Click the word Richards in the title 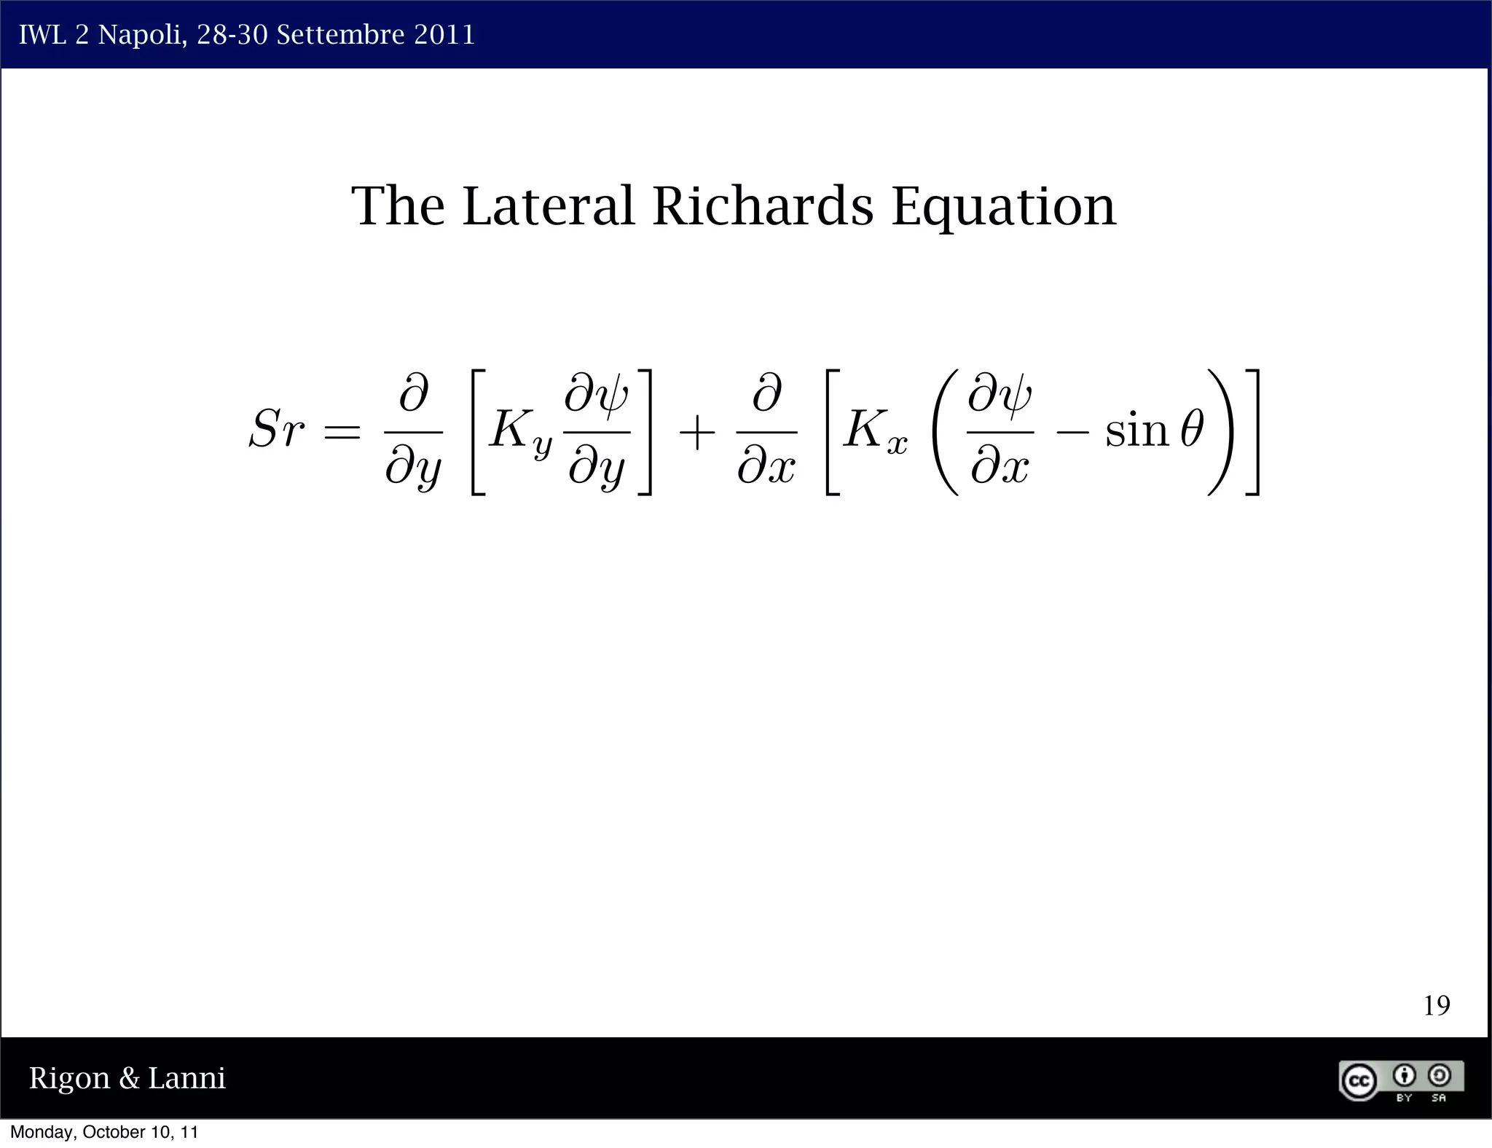click(x=762, y=206)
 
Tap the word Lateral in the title click(x=549, y=206)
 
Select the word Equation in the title click(x=1004, y=208)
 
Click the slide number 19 click(x=1436, y=1006)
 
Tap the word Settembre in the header click(x=340, y=35)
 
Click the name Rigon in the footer click(x=69, y=1079)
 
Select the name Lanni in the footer click(x=186, y=1077)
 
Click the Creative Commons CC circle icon click(x=1359, y=1081)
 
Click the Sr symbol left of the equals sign click(x=275, y=430)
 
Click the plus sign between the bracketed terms click(x=696, y=433)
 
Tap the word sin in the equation click(x=1136, y=431)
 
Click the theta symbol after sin click(x=1192, y=430)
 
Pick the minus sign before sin click(x=1072, y=433)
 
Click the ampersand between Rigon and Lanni click(x=129, y=1079)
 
